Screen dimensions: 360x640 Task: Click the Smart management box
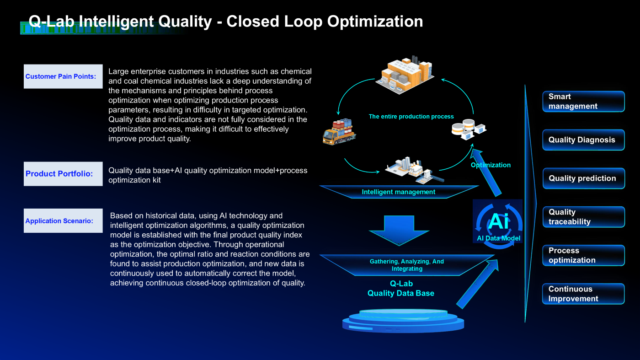(583, 102)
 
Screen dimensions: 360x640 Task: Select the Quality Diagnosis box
(583, 140)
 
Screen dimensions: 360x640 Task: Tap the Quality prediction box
(583, 178)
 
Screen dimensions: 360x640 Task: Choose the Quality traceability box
(583, 217)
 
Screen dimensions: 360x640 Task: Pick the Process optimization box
(583, 255)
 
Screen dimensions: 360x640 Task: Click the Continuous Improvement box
(583, 294)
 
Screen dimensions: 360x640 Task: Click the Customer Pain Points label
(63, 76)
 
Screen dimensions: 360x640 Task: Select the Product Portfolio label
(63, 174)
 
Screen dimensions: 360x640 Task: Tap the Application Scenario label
(63, 221)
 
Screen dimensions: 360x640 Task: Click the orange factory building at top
(404, 74)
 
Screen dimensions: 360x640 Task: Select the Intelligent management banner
(398, 192)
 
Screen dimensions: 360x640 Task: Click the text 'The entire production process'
(411, 117)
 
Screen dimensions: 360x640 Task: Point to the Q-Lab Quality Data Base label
(401, 289)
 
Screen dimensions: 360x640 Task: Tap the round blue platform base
(403, 320)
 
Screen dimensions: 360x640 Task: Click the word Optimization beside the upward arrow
(491, 165)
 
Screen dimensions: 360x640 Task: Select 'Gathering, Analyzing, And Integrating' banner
(406, 265)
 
